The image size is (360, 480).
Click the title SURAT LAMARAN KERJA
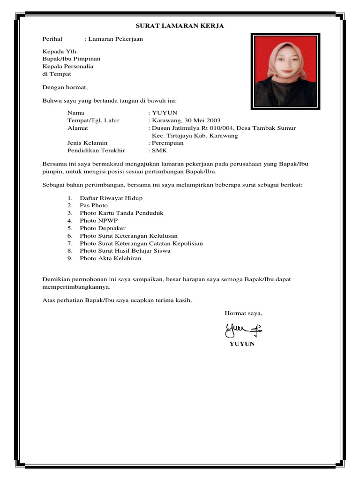[x=180, y=26]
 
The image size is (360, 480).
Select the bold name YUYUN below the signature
[x=242, y=344]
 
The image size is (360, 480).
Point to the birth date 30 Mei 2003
[x=200, y=120]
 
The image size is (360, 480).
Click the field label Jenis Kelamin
[x=87, y=143]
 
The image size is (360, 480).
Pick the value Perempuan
[x=168, y=143]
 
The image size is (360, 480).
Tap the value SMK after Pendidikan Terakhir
[x=159, y=150]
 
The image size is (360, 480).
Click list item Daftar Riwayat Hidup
[x=111, y=198]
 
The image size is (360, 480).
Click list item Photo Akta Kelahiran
[x=110, y=258]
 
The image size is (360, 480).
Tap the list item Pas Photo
[x=94, y=206]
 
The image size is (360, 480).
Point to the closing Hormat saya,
[x=243, y=313]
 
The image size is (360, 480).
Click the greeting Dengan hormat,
[x=65, y=87]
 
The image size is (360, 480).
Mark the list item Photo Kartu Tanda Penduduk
[x=121, y=213]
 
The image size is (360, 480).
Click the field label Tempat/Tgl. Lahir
[x=93, y=120]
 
